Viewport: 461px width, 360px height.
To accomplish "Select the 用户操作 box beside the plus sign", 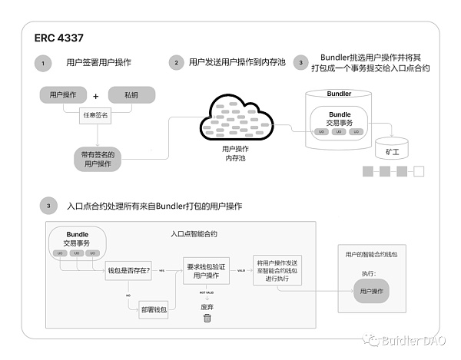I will (x=64, y=96).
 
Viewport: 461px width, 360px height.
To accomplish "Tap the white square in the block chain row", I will (x=419, y=171).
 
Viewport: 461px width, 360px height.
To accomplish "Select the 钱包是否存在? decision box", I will (x=128, y=271).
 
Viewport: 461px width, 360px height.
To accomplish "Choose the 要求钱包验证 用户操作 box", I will (x=207, y=271).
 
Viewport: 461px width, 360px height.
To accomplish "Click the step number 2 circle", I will (x=177, y=62).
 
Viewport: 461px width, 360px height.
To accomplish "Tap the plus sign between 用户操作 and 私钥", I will (x=96, y=97).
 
